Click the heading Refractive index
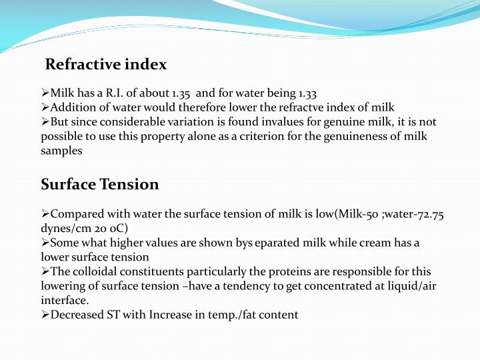click(x=105, y=65)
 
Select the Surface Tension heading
click(x=100, y=184)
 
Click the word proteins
click(x=279, y=272)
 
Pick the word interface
click(x=65, y=301)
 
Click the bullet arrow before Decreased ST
click(x=45, y=315)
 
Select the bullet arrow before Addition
click(x=45, y=108)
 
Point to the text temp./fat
click(x=244, y=315)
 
